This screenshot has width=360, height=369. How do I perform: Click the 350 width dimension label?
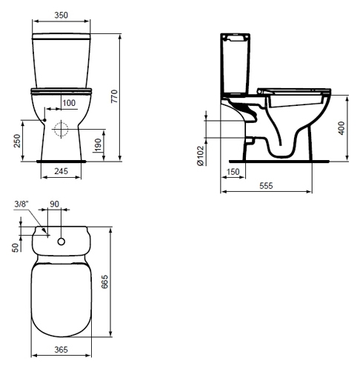click(61, 15)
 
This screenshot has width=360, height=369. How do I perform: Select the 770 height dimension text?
click(114, 96)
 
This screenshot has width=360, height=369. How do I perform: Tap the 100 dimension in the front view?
click(69, 103)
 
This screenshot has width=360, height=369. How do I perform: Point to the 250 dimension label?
click(17, 141)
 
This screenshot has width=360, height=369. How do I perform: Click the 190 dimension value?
click(98, 144)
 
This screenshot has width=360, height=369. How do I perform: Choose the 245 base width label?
click(61, 171)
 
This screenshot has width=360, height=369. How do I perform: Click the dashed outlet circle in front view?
click(61, 130)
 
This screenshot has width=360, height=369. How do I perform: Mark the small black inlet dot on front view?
click(44, 120)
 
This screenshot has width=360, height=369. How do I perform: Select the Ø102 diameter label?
click(200, 156)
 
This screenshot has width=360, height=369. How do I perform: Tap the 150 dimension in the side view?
click(233, 171)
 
